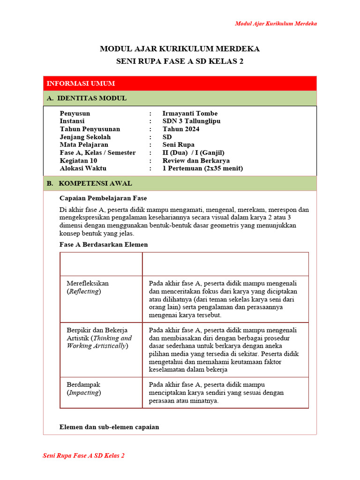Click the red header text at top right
pyautogui.click(x=276, y=23)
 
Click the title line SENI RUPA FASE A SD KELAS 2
pyautogui.click(x=180, y=61)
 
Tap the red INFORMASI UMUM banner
pyautogui.click(x=180, y=83)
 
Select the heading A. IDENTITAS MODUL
pyautogui.click(x=87, y=98)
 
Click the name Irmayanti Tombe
pyautogui.click(x=190, y=113)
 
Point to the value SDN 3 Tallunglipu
pyautogui.click(x=191, y=121)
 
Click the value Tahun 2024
pyautogui.click(x=181, y=129)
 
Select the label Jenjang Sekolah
pyautogui.click(x=85, y=137)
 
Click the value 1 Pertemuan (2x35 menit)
pyautogui.click(x=202, y=168)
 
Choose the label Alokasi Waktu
pyautogui.click(x=83, y=168)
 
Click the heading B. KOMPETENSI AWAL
pyautogui.click(x=89, y=183)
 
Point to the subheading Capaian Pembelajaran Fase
pyautogui.click(x=103, y=198)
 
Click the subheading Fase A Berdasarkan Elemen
pyautogui.click(x=104, y=244)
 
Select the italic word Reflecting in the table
pyautogui.click(x=84, y=291)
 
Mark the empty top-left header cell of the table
pyautogui.click(x=101, y=264)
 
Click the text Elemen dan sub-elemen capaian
pyautogui.click(x=109, y=427)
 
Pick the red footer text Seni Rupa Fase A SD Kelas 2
pyautogui.click(x=83, y=456)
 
